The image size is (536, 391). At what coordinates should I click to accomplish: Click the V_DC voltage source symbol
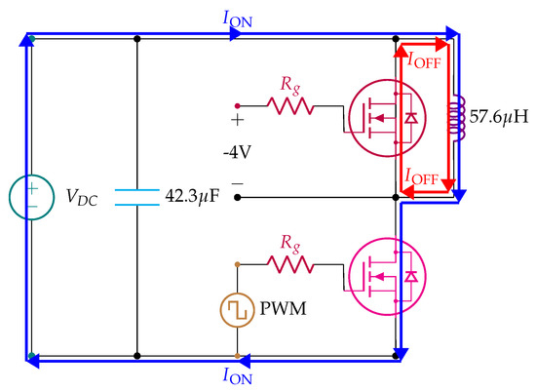[x=31, y=195]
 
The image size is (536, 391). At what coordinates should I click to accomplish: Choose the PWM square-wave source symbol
[x=237, y=311]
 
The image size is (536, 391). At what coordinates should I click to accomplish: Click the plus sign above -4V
[x=235, y=121]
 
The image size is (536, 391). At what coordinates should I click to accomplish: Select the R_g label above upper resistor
[x=289, y=82]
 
